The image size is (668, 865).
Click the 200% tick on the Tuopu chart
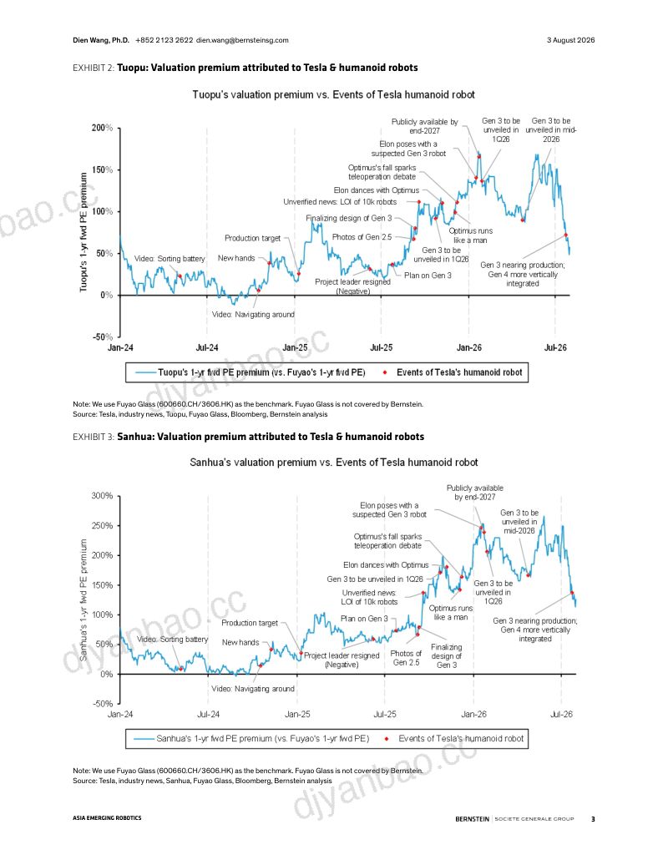point(102,128)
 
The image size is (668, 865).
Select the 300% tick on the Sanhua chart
point(102,495)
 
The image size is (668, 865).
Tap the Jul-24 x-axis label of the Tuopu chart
point(207,347)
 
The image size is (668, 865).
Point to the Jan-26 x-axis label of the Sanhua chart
point(473,714)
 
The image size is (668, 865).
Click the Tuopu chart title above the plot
point(333,94)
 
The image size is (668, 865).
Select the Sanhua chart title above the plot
point(334,463)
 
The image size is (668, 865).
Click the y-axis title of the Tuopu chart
point(83,232)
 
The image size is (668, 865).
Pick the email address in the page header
point(242,40)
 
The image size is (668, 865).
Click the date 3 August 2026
point(570,40)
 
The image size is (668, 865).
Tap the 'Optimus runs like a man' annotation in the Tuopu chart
point(470,235)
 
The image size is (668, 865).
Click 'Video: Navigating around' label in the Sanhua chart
point(253,689)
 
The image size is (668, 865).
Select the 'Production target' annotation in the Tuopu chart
point(252,238)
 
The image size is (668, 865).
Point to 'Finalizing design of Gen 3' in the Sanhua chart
point(446,656)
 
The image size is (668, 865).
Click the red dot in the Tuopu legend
point(384,372)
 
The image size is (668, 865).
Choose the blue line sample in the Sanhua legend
point(144,739)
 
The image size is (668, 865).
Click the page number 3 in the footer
point(593,818)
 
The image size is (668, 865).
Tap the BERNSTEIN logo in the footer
point(472,818)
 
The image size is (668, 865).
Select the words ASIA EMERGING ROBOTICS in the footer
point(107,817)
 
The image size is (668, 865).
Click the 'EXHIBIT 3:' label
point(94,437)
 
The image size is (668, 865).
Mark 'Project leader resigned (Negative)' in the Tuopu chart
point(352,286)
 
